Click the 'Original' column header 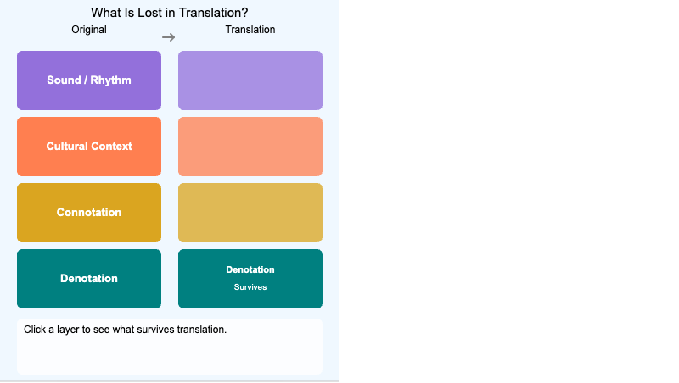click(x=89, y=30)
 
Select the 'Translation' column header click(x=250, y=30)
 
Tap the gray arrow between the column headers click(x=169, y=37)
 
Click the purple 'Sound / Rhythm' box click(x=89, y=80)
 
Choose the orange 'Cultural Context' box click(x=89, y=147)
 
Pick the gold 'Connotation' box click(x=89, y=213)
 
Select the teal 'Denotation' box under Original click(x=89, y=279)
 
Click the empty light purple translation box click(x=250, y=80)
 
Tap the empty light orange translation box click(x=250, y=147)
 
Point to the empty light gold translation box click(x=250, y=213)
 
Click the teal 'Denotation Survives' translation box click(x=250, y=279)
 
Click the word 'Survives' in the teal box click(x=250, y=287)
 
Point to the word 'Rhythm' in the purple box click(x=110, y=80)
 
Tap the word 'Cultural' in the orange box click(x=67, y=147)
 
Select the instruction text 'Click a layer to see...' click(x=125, y=329)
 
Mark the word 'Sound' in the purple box click(x=64, y=80)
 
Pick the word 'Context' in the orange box click(x=112, y=147)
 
